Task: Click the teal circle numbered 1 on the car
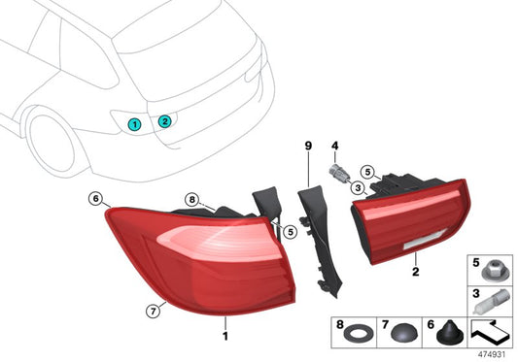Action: pos(135,123)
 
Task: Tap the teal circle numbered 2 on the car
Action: pos(165,121)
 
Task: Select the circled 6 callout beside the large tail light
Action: pos(95,199)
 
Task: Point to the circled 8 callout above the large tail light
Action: pos(192,202)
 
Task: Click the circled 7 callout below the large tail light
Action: pos(152,311)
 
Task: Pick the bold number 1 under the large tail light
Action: pos(225,336)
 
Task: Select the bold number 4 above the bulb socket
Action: pos(333,146)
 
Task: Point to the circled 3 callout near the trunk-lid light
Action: pos(358,188)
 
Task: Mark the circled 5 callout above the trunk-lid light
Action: pos(367,172)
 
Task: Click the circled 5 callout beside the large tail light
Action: pos(291,231)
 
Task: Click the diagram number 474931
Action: pos(492,353)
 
